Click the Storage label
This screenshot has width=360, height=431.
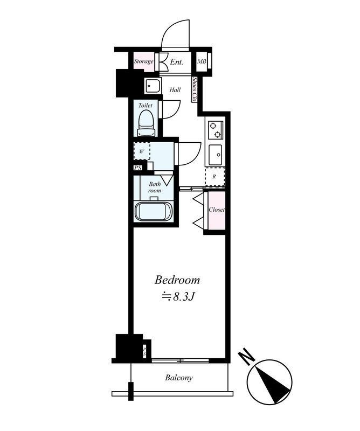pos(144,61)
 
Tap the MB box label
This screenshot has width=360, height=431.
pos(202,62)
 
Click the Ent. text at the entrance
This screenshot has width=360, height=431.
pos(177,62)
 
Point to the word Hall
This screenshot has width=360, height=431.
pos(175,89)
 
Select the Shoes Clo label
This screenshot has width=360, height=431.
pos(195,90)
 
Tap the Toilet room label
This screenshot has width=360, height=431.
pos(146,106)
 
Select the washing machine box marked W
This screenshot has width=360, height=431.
pos(142,151)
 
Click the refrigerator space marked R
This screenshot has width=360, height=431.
pos(214,176)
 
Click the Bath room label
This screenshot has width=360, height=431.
pos(155,187)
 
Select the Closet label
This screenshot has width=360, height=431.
pos(216,210)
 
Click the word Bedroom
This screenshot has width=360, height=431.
pos(178,280)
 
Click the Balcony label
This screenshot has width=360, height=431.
pos(178,378)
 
